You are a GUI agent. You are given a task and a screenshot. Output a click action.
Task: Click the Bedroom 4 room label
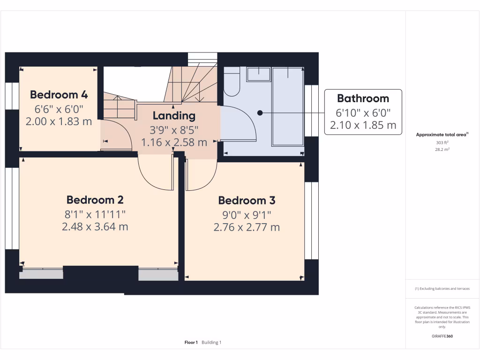click(59, 94)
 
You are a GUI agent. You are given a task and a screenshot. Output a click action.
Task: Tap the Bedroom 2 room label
click(95, 200)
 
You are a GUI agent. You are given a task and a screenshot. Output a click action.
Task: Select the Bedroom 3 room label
click(247, 201)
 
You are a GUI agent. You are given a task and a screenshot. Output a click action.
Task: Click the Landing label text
click(174, 115)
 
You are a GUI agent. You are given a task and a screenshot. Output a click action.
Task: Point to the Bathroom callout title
click(363, 98)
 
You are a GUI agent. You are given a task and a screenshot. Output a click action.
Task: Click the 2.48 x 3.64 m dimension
click(95, 227)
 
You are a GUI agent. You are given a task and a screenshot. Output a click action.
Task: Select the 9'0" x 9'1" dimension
click(247, 215)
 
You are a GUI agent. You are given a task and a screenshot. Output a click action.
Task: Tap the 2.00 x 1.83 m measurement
click(59, 121)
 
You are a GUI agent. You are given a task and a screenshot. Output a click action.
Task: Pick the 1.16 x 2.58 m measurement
click(174, 142)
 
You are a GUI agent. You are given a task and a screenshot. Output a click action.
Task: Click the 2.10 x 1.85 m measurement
click(363, 126)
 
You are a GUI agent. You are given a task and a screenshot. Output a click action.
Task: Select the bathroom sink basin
click(259, 74)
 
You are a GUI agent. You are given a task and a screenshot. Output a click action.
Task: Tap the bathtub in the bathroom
click(288, 106)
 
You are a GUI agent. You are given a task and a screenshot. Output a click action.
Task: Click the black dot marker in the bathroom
click(260, 113)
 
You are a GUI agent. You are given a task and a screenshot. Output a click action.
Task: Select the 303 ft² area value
click(442, 142)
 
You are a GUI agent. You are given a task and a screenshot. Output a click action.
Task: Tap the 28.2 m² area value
click(442, 150)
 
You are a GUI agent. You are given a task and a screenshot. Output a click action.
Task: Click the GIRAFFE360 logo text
click(442, 336)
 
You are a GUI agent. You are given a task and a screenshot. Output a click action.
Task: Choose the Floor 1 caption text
click(191, 343)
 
